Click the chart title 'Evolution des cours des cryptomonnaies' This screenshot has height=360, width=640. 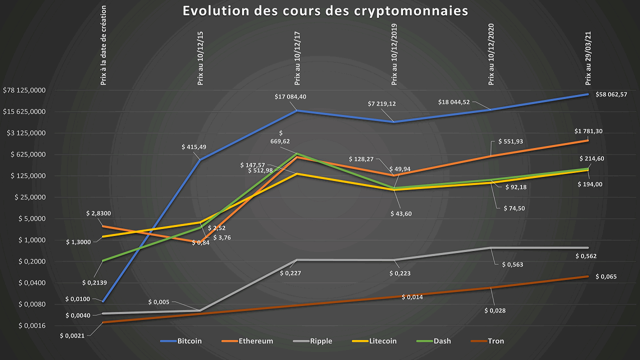[x=325, y=11]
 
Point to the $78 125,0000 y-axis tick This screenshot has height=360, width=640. [x=31, y=90]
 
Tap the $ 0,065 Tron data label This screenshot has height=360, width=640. [x=608, y=276]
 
